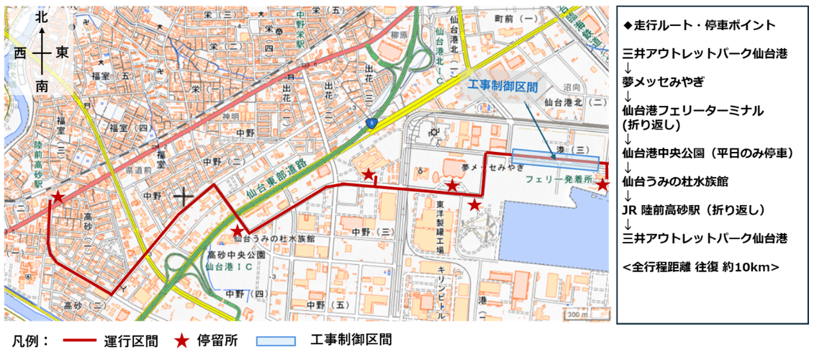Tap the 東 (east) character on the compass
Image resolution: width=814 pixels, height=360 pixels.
click(x=63, y=53)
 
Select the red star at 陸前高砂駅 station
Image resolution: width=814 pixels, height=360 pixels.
click(x=57, y=197)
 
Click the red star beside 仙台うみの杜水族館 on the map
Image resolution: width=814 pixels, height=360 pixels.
click(x=238, y=230)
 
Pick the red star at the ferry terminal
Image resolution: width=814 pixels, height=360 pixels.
click(x=603, y=185)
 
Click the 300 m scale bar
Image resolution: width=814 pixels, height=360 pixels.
click(x=578, y=314)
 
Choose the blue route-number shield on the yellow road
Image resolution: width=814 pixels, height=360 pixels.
click(x=371, y=125)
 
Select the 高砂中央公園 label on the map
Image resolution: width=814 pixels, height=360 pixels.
click(x=237, y=256)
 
